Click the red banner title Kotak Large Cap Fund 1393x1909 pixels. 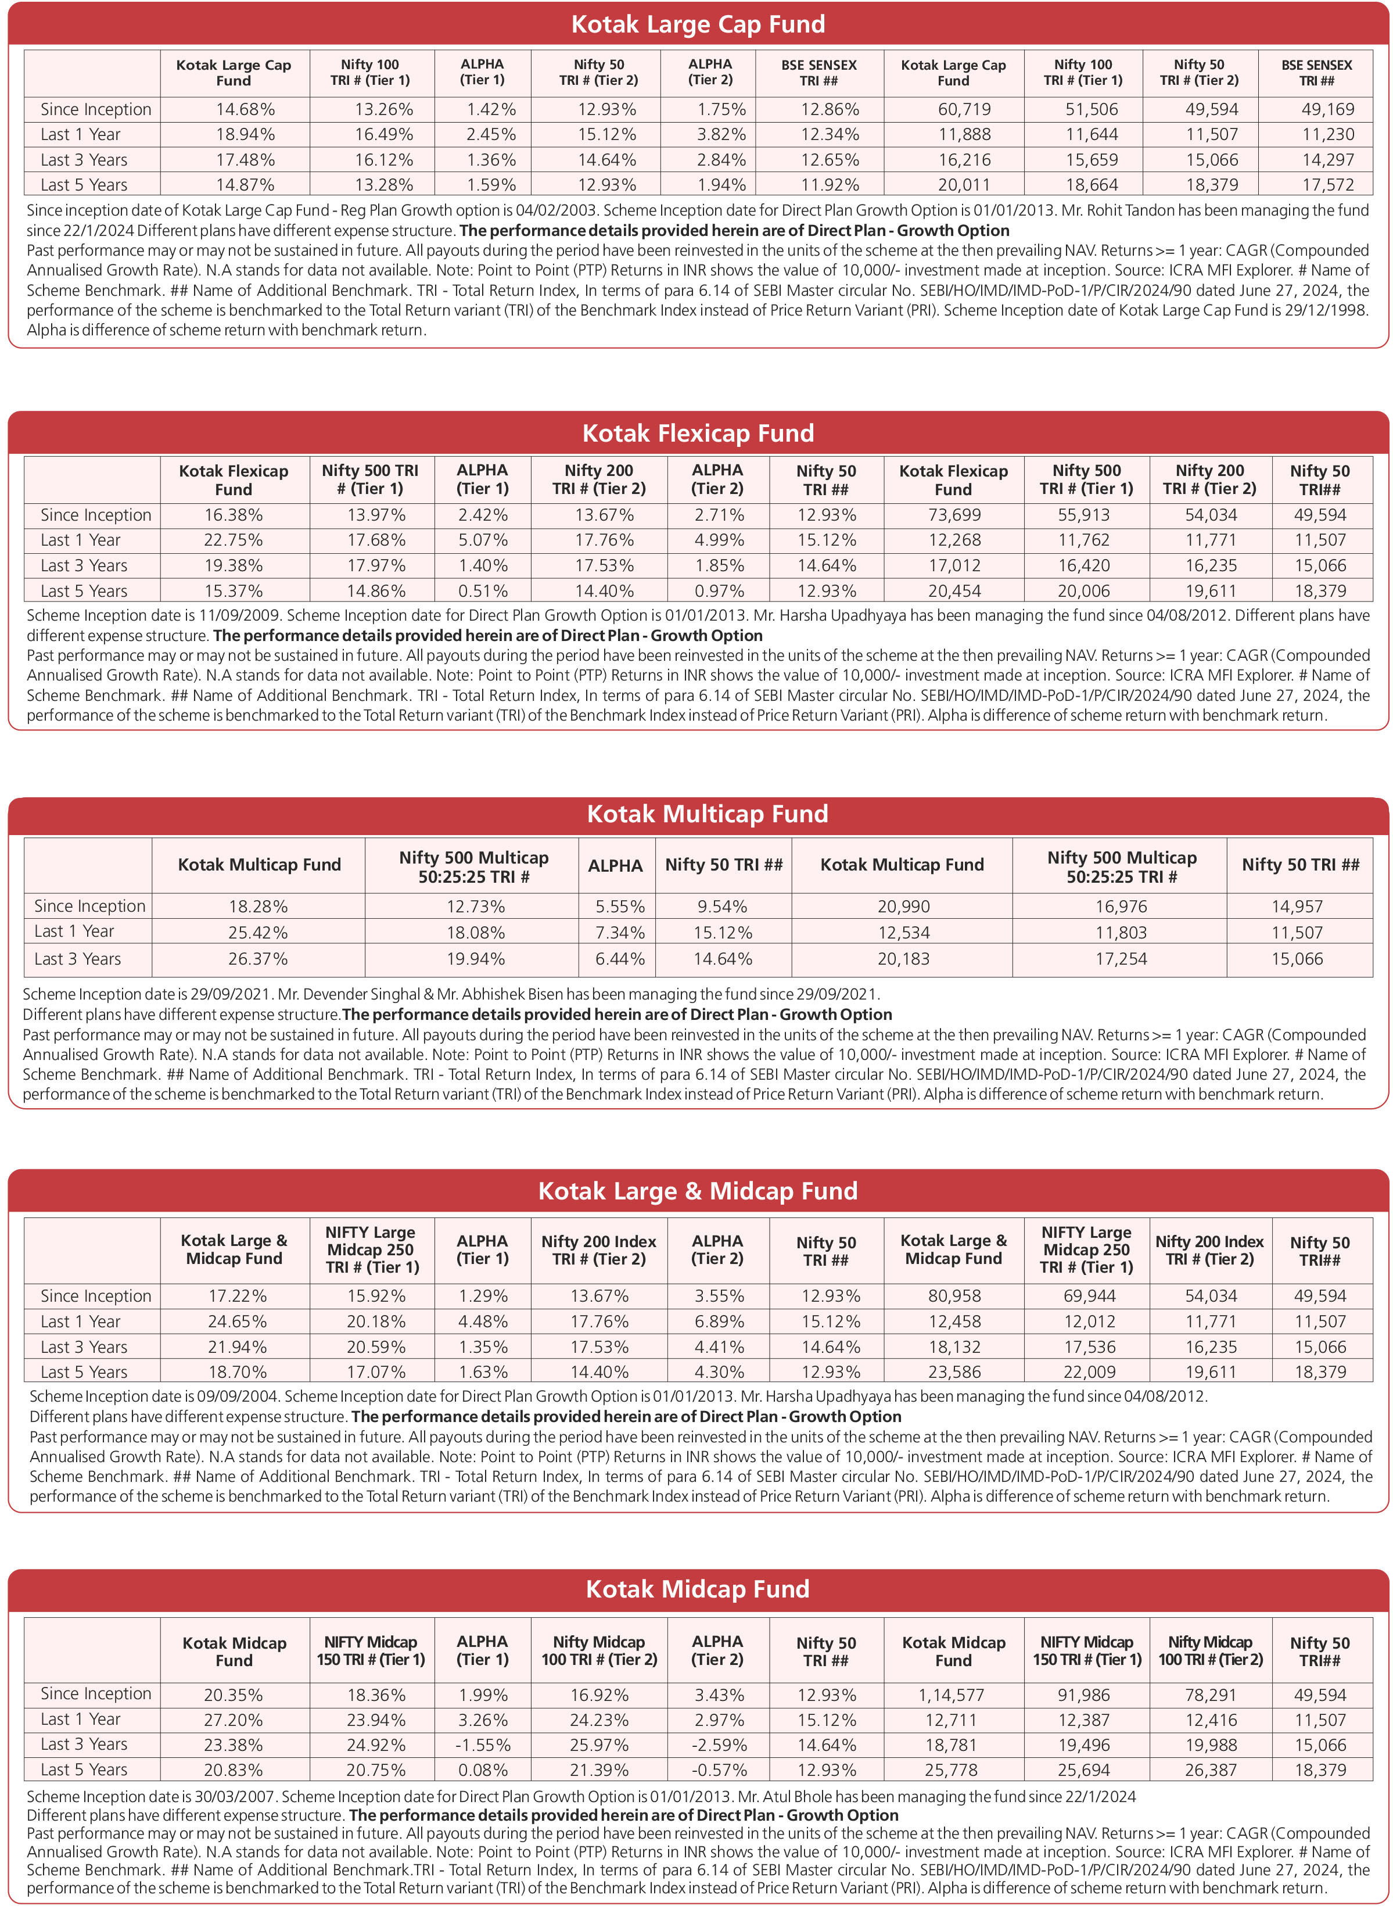pos(697,24)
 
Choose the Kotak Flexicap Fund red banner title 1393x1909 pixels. pos(697,434)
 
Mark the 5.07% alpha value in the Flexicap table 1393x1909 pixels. pos(482,540)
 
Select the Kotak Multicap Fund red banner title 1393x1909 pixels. pos(706,814)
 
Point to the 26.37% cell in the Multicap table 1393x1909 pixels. pos(257,959)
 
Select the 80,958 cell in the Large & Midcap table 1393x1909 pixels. pos(954,1296)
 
